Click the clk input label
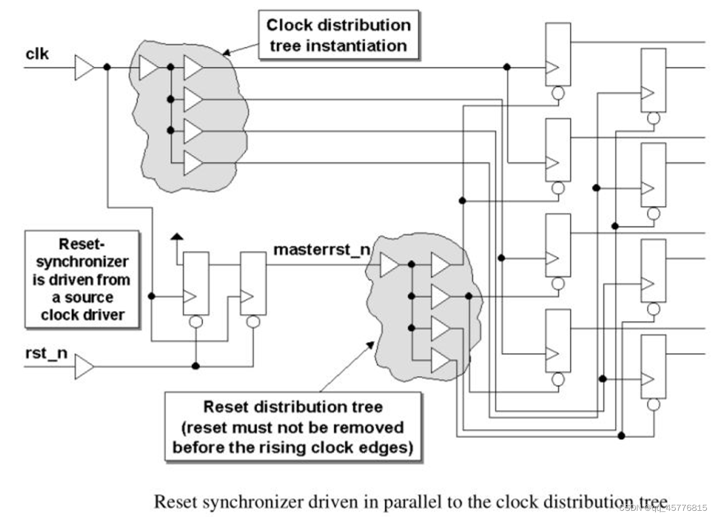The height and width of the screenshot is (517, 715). pos(37,53)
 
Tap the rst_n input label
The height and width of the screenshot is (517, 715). pos(46,353)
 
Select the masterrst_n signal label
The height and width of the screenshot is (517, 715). pos(322,250)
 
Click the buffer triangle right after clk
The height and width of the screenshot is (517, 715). pos(84,67)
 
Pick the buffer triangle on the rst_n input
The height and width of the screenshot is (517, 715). pos(84,366)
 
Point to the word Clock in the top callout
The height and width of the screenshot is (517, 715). pos(289,25)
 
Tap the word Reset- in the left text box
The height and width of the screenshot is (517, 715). pos(82,243)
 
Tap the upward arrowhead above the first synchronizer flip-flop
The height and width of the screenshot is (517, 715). pos(177,237)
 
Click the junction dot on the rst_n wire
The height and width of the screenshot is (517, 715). pos(196,366)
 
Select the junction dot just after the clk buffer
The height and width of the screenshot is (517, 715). pos(107,67)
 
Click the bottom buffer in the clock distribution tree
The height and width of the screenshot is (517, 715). pos(193,163)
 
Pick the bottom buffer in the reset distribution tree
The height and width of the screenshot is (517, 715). pos(440,360)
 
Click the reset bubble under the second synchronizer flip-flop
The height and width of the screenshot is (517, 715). pos(253,322)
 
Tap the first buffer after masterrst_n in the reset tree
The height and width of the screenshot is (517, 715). pos(389,265)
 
